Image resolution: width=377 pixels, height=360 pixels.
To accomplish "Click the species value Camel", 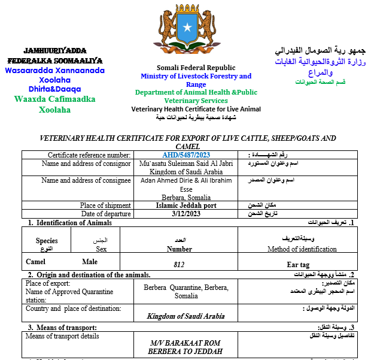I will point(36,262).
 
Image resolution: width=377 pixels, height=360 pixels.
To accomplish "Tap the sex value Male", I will point(90,262).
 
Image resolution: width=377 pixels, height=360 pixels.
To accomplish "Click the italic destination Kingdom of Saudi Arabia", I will point(186,316).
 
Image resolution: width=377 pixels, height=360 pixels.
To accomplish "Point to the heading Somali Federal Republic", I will point(196,68).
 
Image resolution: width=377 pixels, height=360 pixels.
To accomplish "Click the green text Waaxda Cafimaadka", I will point(54,99).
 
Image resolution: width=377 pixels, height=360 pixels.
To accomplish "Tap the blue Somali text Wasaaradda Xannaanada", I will point(54,70).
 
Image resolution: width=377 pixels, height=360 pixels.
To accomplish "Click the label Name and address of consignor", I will point(86,164).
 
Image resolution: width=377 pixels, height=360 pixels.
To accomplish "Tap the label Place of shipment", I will point(105,205).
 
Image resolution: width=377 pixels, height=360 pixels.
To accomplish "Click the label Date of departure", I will point(106,214).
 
